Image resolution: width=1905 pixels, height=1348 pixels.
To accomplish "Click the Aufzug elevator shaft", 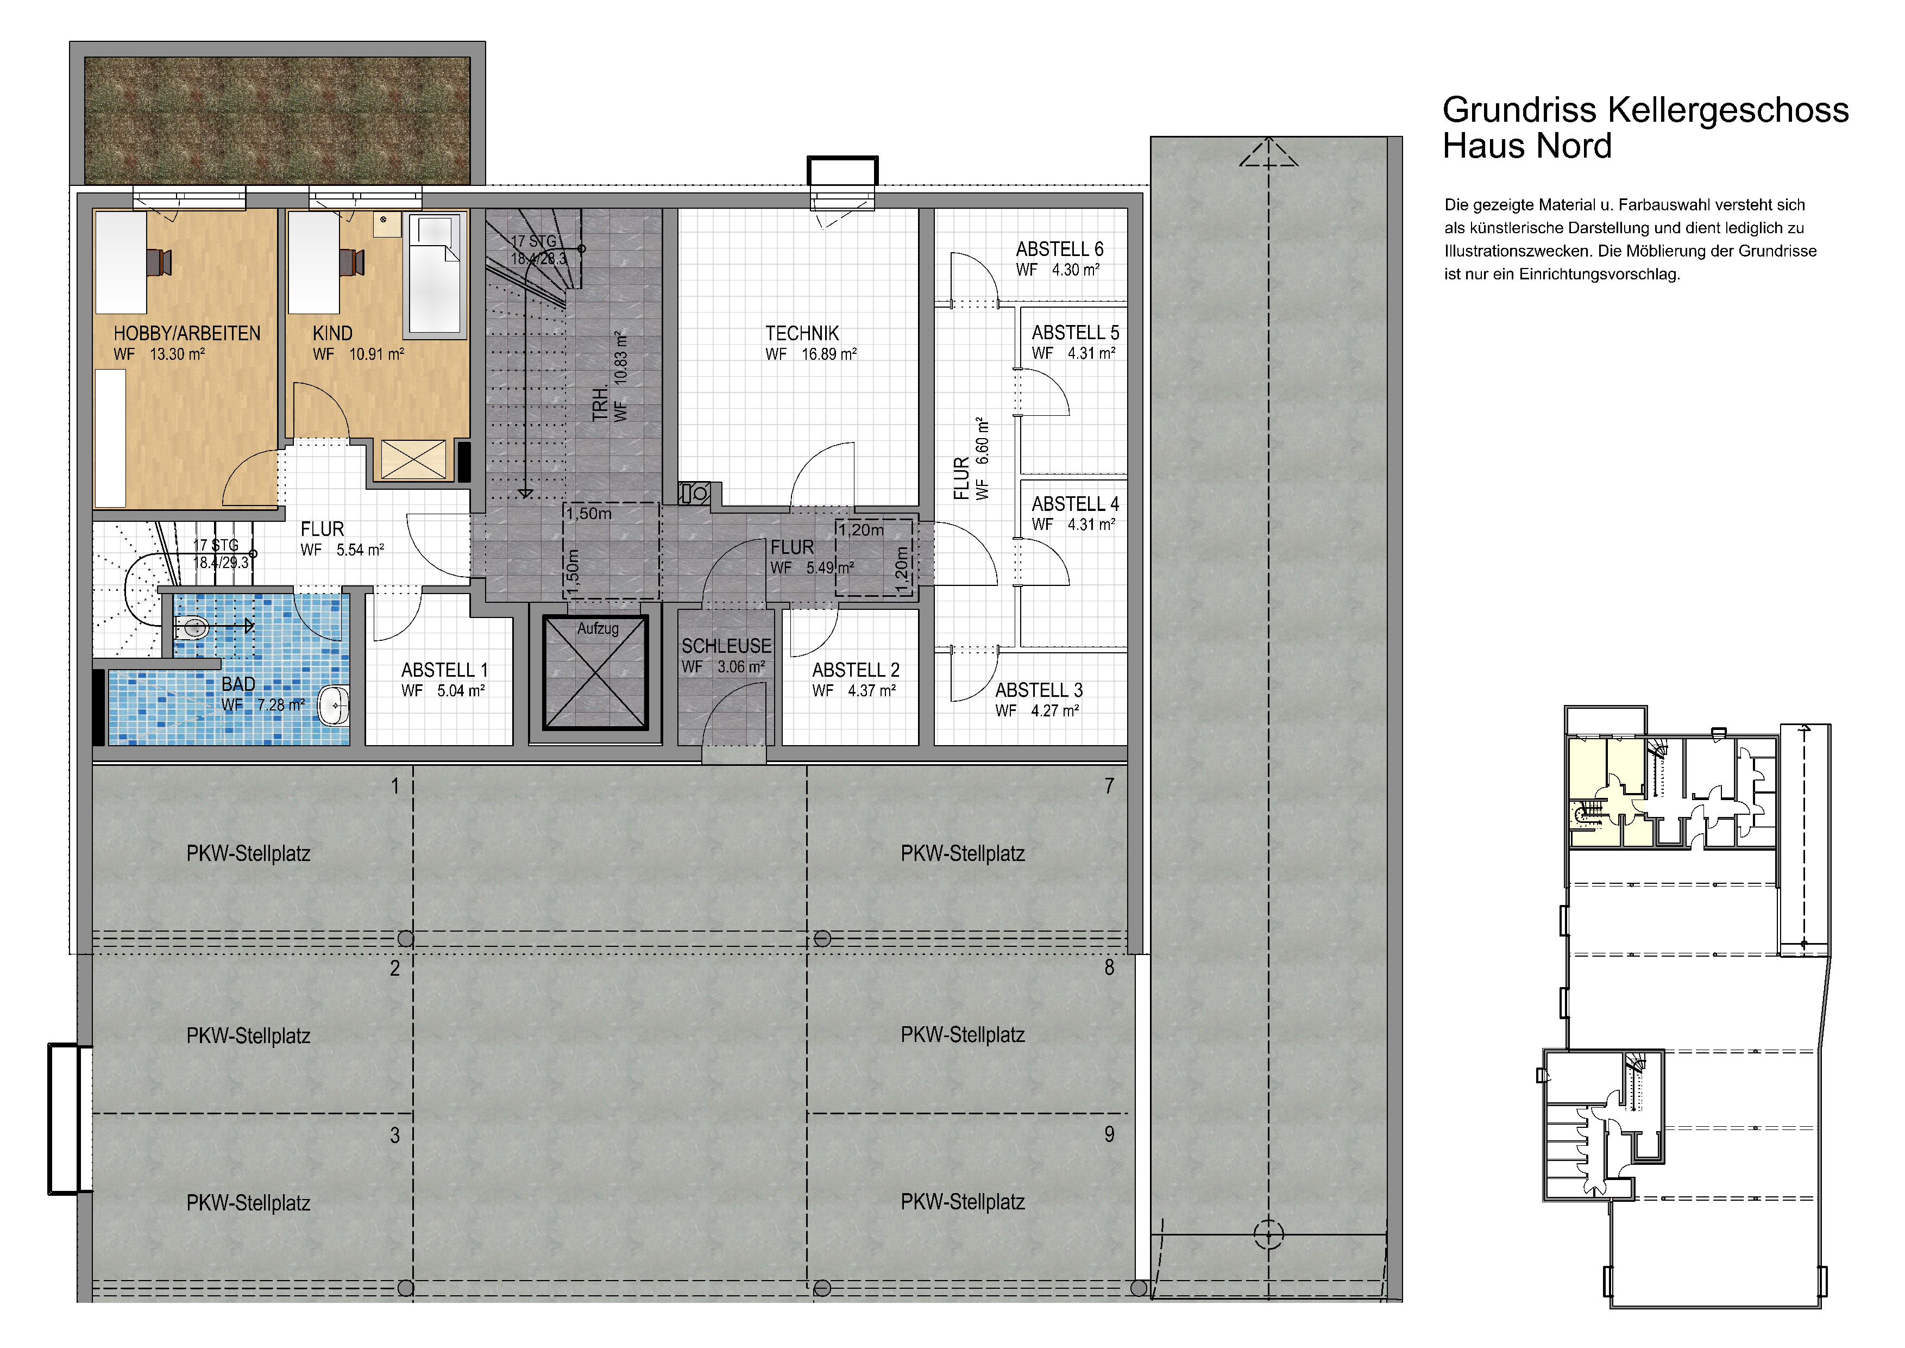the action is pyautogui.click(x=595, y=672).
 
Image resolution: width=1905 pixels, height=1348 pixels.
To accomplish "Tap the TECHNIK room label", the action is pyautogui.click(x=802, y=334).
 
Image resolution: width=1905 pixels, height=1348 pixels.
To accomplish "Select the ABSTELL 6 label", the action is pyautogui.click(x=1060, y=249).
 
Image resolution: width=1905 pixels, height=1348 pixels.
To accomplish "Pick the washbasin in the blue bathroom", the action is pyautogui.click(x=335, y=706).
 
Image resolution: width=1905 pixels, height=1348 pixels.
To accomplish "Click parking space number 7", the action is pyautogui.click(x=1109, y=786).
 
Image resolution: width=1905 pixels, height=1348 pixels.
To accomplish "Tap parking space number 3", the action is pyautogui.click(x=395, y=1135).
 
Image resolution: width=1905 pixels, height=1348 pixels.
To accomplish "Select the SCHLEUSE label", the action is pyautogui.click(x=726, y=646).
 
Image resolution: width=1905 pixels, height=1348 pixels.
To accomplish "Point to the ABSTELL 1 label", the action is pyautogui.click(x=445, y=670).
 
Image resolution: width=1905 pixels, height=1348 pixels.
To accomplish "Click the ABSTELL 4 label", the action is pyautogui.click(x=1076, y=504).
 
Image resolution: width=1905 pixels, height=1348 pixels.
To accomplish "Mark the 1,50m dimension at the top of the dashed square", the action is pyautogui.click(x=589, y=513).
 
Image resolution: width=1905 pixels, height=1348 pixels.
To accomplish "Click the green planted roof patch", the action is pyautogui.click(x=277, y=120).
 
